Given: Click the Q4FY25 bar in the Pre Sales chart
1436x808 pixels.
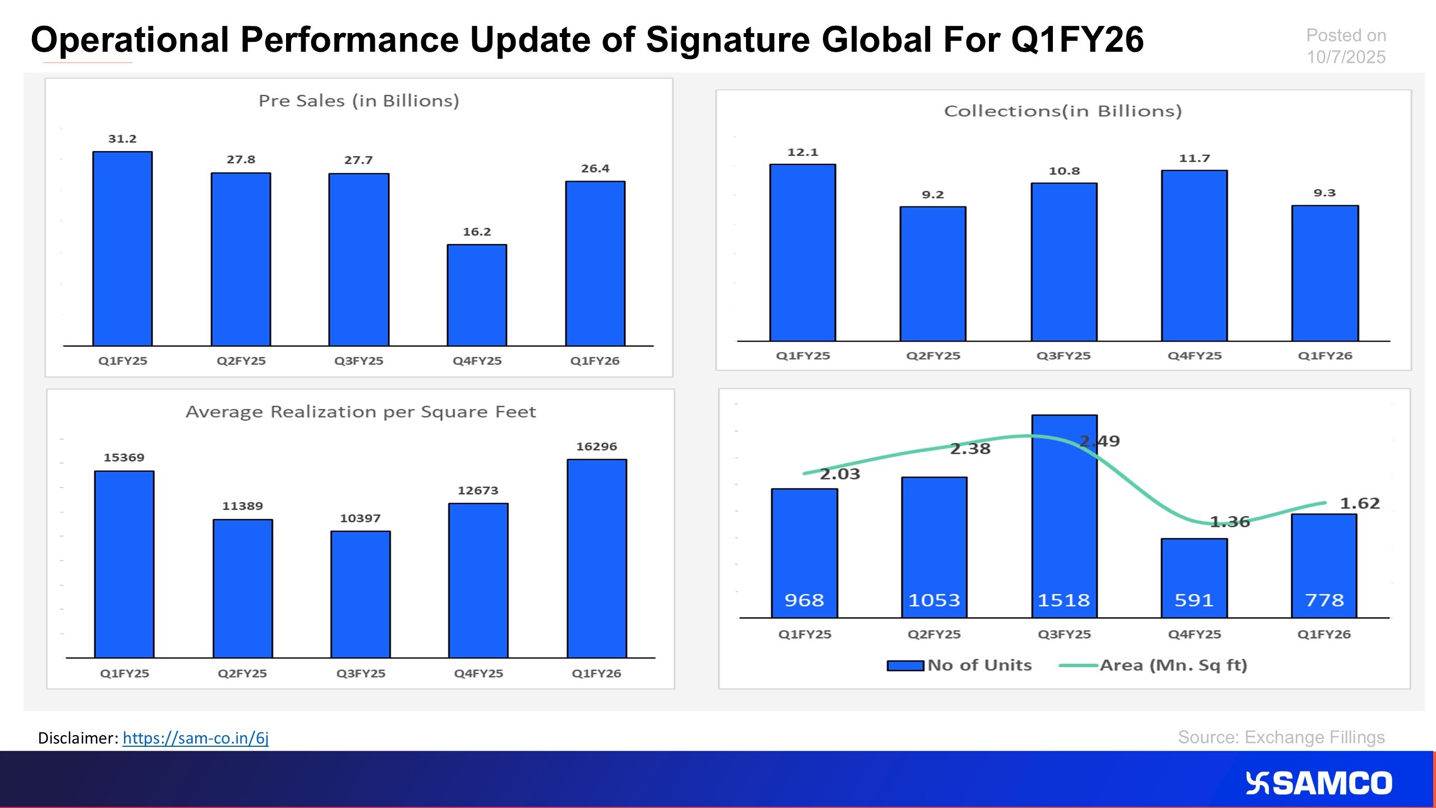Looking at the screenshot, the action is tap(477, 295).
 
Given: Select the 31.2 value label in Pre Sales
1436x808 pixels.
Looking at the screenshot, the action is tap(122, 139).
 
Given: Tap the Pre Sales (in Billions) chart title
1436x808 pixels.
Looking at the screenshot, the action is tap(359, 101).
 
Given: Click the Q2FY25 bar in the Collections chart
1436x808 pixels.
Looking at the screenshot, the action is tap(933, 274).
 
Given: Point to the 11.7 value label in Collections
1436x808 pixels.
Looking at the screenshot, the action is tap(1194, 158).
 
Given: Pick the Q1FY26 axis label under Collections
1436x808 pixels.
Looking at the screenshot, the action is tap(1325, 356).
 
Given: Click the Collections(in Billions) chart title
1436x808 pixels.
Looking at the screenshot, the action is tap(1063, 111).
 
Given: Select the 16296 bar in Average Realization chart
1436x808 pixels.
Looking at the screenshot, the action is tap(597, 558).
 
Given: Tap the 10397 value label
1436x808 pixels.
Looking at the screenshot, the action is tap(360, 518).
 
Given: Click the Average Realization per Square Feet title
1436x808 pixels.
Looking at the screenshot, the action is tap(361, 412).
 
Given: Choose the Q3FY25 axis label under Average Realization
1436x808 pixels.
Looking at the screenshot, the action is tap(361, 673).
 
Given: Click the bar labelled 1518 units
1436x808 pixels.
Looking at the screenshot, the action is tap(1064, 516).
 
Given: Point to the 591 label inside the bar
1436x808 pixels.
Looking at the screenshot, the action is tap(1194, 600).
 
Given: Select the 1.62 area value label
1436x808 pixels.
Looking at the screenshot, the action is tap(1360, 503).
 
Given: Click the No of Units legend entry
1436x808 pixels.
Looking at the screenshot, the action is tap(959, 665).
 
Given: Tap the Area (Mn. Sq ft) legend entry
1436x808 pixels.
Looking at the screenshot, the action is tap(1153, 665).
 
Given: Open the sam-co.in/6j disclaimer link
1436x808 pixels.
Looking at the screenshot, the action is tap(196, 738).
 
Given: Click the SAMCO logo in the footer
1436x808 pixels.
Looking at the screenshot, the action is tap(1319, 783).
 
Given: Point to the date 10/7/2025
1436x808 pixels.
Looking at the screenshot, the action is tap(1346, 57).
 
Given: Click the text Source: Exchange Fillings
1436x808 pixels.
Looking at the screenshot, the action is tap(1281, 737).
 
